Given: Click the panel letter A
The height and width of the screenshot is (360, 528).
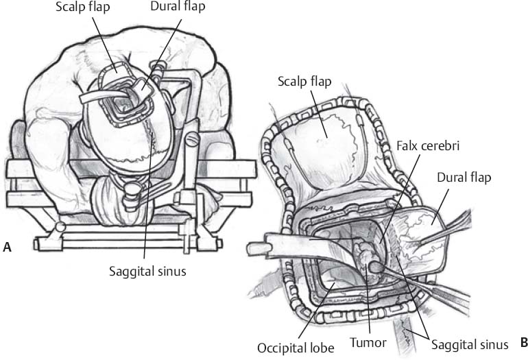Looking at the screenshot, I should pyautogui.click(x=7, y=248).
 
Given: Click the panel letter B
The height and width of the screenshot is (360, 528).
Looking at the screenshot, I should pyautogui.click(x=523, y=342).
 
